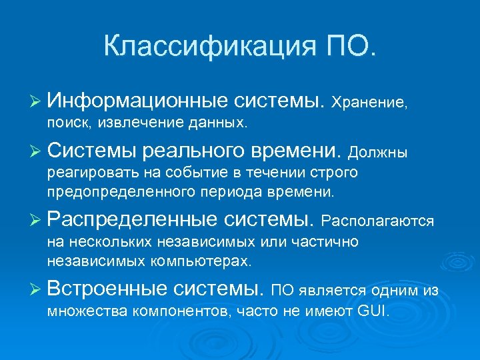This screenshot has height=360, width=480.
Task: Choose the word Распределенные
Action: [133, 219]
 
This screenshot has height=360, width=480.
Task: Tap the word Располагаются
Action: [378, 220]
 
